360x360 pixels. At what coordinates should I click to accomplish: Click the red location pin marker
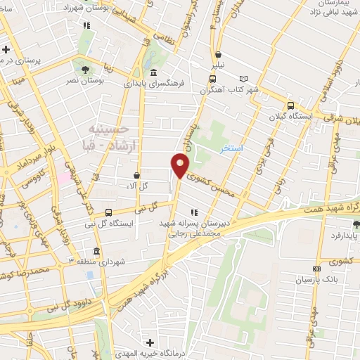tap(180, 166)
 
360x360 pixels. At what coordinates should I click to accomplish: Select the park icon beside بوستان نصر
tap(85, 69)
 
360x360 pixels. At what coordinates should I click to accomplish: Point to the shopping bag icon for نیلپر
tap(219, 54)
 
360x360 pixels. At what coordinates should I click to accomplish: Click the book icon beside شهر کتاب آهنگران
tap(244, 79)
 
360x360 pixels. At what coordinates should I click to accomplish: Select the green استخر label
tap(232, 149)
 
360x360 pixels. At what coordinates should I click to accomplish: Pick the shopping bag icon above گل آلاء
tap(137, 175)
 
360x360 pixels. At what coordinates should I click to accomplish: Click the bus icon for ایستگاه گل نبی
tap(108, 212)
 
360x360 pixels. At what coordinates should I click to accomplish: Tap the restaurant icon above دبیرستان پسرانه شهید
tap(193, 212)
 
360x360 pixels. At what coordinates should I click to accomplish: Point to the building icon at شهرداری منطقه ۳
tap(96, 251)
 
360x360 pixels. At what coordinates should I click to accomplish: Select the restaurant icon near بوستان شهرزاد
tap(86, 25)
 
